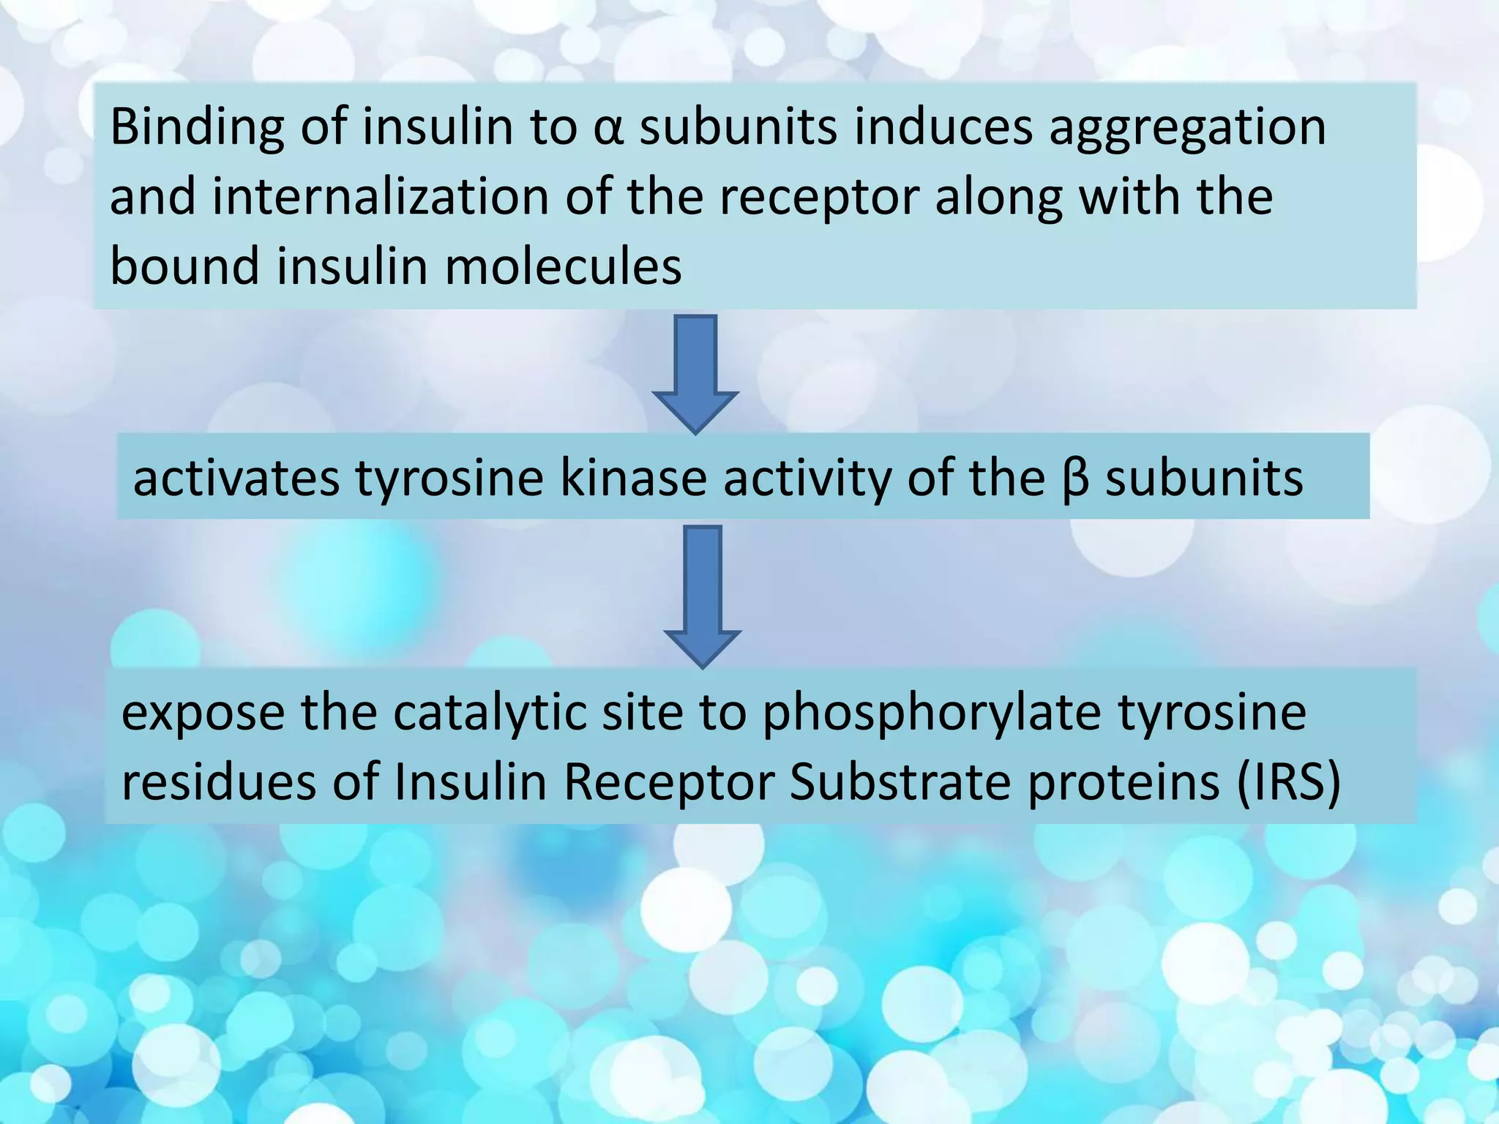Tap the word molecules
coord(563,266)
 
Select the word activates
coord(236,479)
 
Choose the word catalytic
coord(490,713)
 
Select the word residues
coord(218,782)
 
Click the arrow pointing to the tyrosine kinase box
coord(695,373)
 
